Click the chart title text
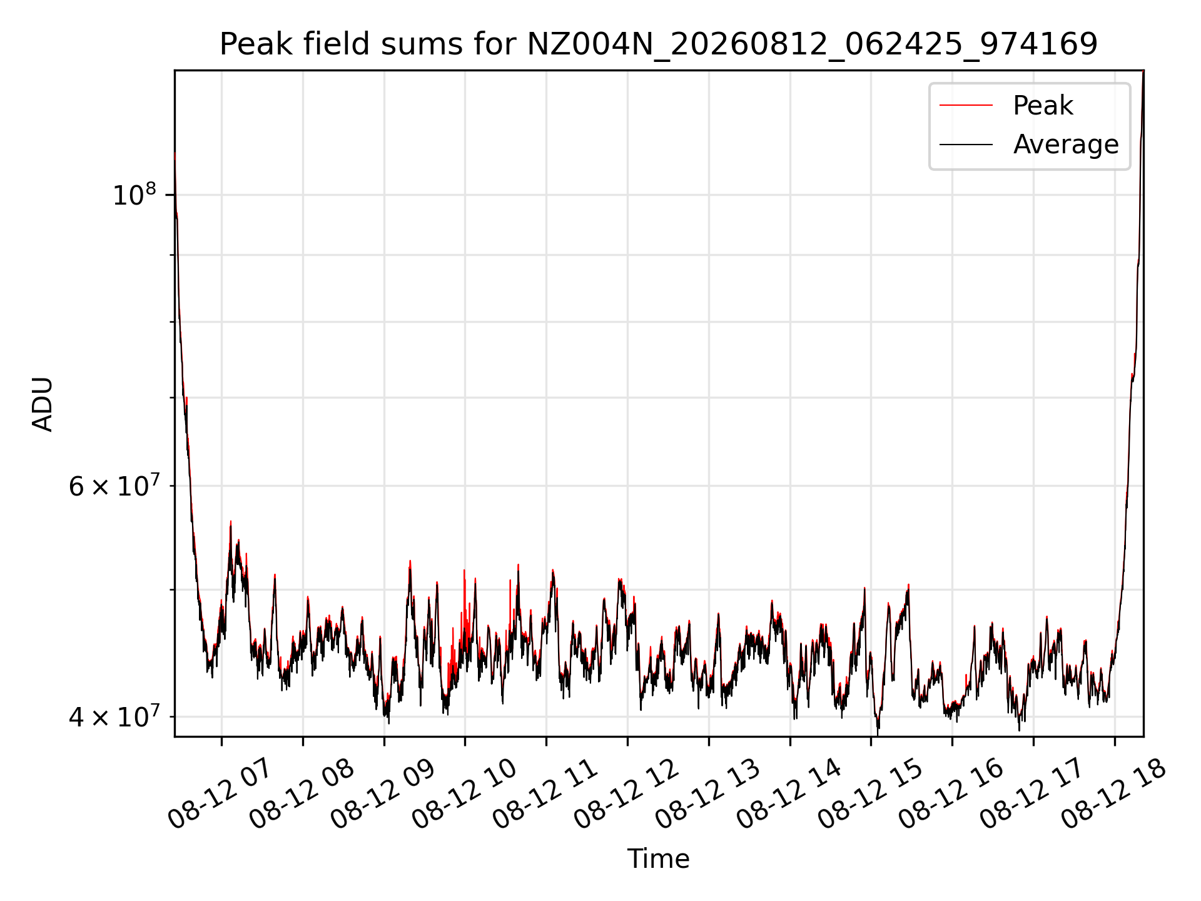(x=659, y=44)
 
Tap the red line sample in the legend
(x=966, y=106)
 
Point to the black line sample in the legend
(x=966, y=145)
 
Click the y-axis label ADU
(x=43, y=404)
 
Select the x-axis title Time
(x=659, y=859)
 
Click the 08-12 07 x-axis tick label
(x=220, y=794)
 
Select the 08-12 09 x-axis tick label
(x=382, y=794)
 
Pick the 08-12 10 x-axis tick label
(x=464, y=794)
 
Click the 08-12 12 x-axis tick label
(x=626, y=794)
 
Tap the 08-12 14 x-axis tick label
(x=789, y=794)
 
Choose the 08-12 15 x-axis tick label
(x=870, y=794)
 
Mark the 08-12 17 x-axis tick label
(x=1032, y=794)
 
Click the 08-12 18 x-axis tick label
(x=1113, y=794)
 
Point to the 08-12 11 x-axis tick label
(x=545, y=794)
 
